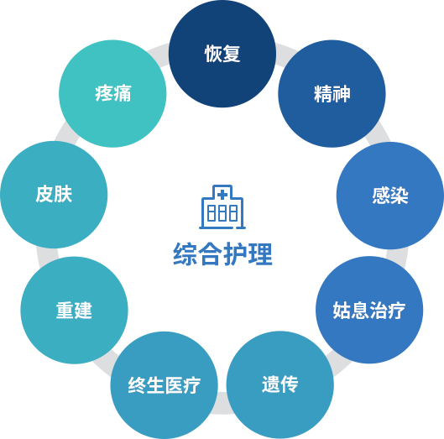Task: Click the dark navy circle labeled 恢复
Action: click(x=222, y=54)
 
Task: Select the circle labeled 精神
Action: click(x=332, y=93)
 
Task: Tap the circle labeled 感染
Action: click(x=390, y=196)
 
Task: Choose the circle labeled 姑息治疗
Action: click(x=369, y=310)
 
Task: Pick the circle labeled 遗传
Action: click(x=280, y=385)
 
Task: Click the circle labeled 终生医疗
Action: click(x=165, y=385)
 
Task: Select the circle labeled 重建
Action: click(x=74, y=310)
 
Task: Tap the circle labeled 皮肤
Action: click(x=54, y=195)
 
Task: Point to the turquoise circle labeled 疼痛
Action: click(x=112, y=93)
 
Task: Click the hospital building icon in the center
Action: click(x=222, y=206)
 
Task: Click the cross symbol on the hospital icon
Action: click(x=222, y=195)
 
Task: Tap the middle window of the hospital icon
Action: click(x=222, y=213)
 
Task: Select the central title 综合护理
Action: click(x=222, y=254)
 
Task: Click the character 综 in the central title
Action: click(x=185, y=254)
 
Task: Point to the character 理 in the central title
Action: click(x=260, y=254)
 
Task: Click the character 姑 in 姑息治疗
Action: click(x=342, y=310)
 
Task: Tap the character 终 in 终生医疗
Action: click(x=137, y=385)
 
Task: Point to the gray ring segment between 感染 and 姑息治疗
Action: click(x=397, y=256)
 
